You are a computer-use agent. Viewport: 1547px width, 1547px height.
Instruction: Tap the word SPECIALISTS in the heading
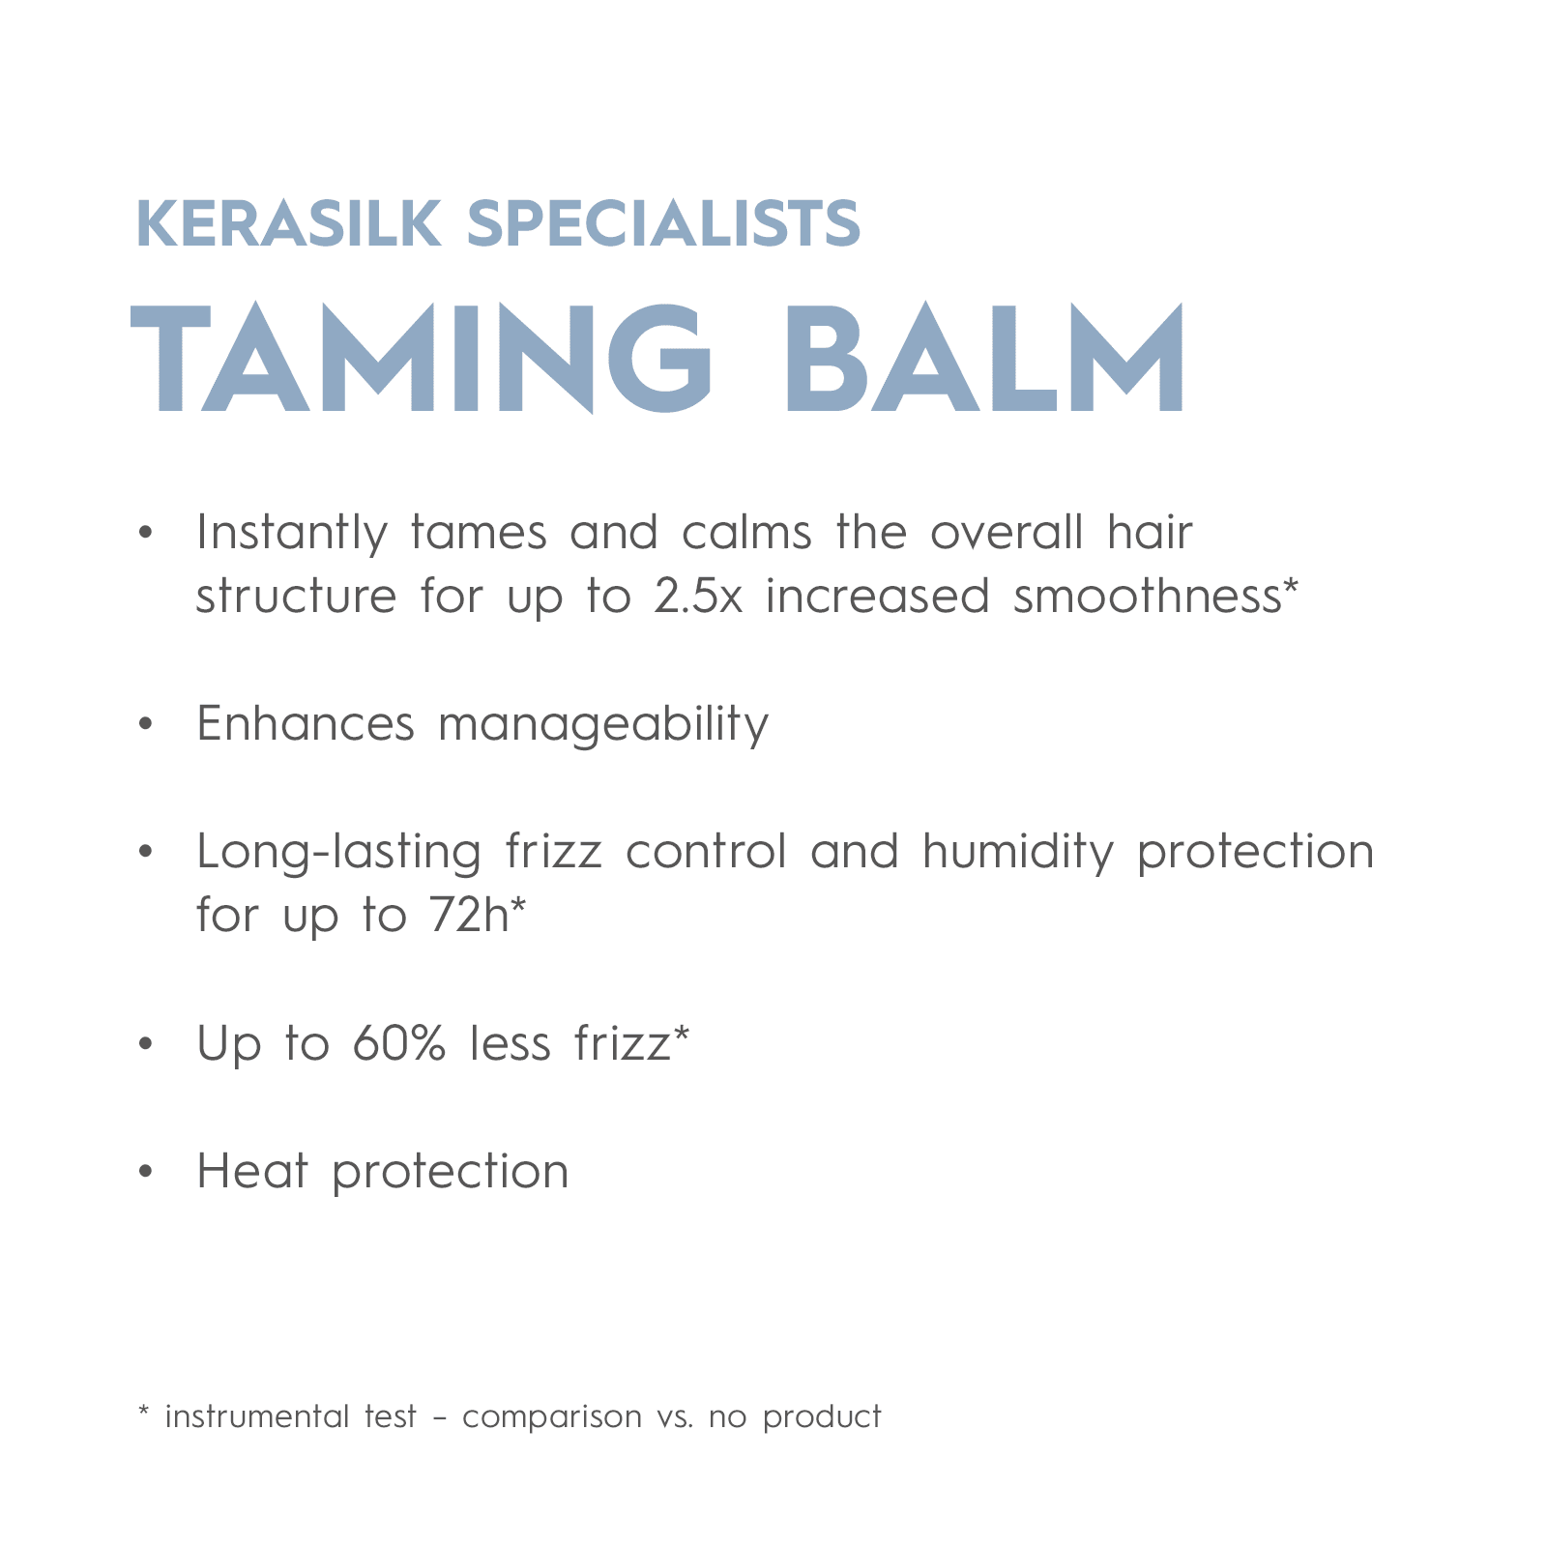tap(663, 224)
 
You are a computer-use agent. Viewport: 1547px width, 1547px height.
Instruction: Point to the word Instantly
tap(291, 533)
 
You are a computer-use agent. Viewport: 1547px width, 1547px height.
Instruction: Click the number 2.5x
tap(698, 596)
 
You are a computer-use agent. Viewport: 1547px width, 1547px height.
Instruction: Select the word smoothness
tap(1147, 596)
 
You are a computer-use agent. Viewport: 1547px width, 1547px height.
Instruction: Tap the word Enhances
tap(306, 723)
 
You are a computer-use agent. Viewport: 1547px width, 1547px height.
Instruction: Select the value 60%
tap(398, 1043)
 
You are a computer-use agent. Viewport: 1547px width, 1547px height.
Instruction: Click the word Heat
tap(252, 1171)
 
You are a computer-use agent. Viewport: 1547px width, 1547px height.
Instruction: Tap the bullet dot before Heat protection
tap(146, 1172)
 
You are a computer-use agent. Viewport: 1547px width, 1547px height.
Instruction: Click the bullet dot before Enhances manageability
tap(146, 724)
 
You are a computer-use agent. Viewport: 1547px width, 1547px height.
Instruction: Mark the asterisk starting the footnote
tap(143, 1414)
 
